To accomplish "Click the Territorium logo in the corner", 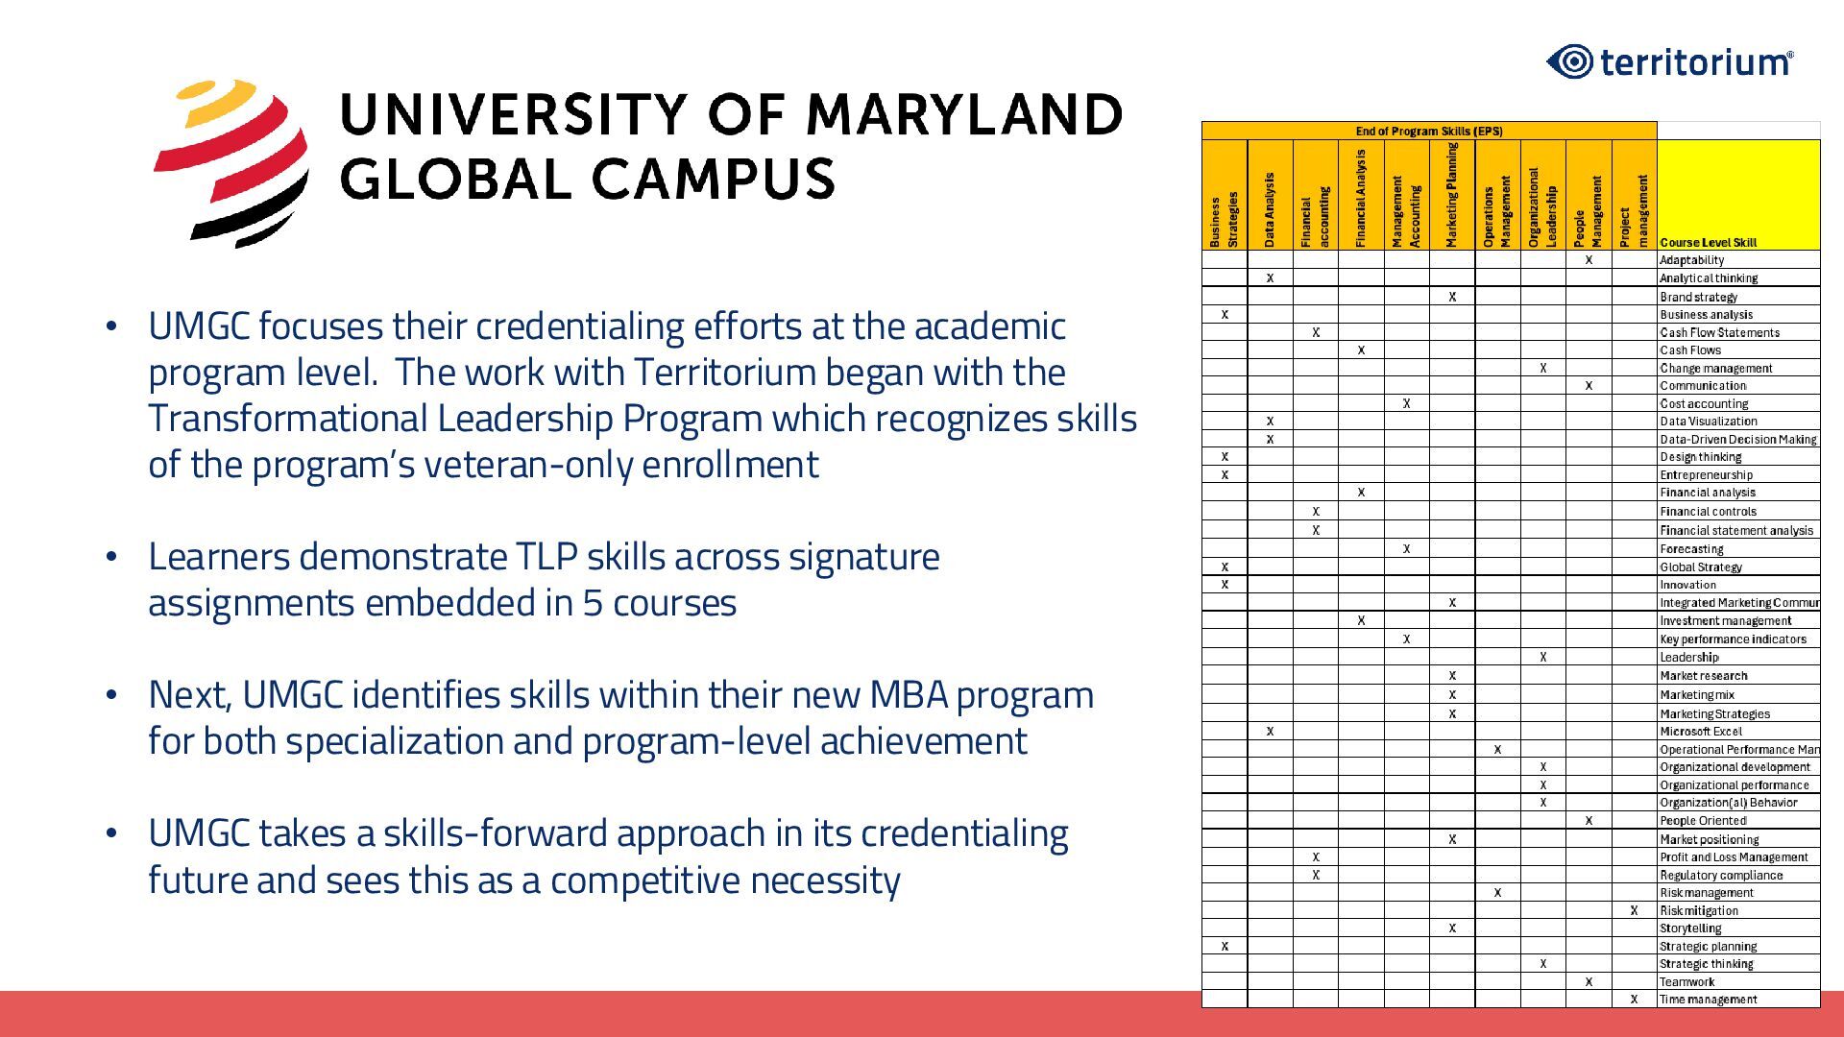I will [x=1670, y=62].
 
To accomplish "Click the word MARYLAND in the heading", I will [x=964, y=114].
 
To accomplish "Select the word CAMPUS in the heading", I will [x=713, y=180].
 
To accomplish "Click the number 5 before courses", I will [x=592, y=603].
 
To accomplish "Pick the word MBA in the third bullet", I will [x=909, y=695].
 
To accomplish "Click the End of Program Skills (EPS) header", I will [x=1428, y=132].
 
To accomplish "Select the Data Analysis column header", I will [x=1270, y=209].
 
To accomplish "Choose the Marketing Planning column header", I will [x=1451, y=195].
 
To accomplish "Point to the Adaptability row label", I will [x=1691, y=260].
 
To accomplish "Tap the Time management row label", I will [x=1708, y=1000].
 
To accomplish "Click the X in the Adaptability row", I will [x=1589, y=260].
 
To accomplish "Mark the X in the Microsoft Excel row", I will [x=1270, y=732].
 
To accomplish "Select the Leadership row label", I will [x=1689, y=658].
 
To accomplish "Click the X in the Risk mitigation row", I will [x=1634, y=910].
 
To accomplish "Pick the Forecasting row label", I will [x=1691, y=549].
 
